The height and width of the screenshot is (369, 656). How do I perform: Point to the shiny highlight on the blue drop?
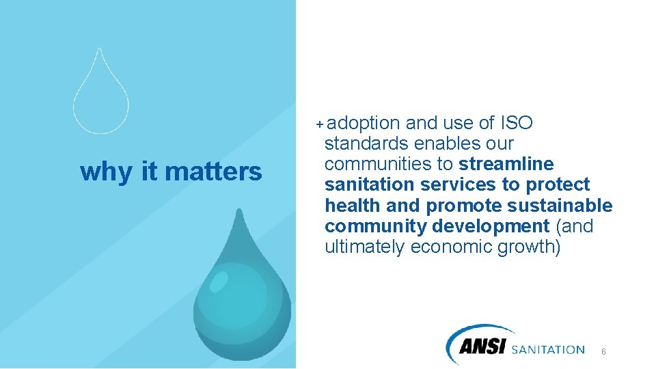(x=219, y=281)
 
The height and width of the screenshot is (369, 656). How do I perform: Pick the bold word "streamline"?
(x=506, y=165)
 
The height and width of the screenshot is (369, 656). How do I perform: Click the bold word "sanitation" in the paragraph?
(x=369, y=185)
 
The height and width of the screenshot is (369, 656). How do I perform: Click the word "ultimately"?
(x=364, y=247)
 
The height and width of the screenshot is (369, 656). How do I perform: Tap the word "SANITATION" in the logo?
(x=548, y=350)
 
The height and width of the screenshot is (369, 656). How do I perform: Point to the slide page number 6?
(x=603, y=351)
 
